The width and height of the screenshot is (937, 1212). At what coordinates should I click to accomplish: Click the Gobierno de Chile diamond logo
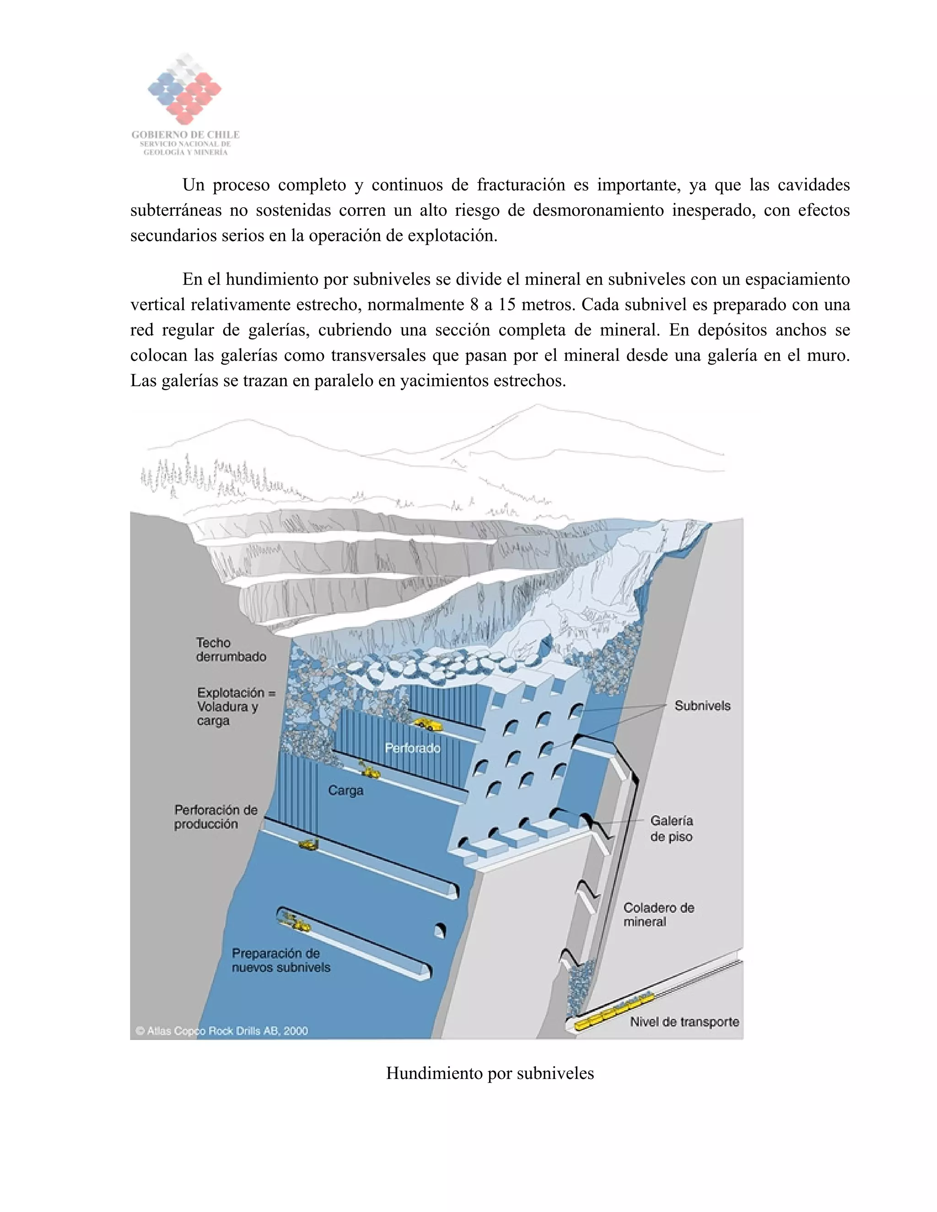pyautogui.click(x=184, y=89)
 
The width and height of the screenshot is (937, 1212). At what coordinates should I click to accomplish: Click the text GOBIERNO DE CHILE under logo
pyautogui.click(x=185, y=134)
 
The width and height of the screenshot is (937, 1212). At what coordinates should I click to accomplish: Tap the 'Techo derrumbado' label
pyautogui.click(x=231, y=649)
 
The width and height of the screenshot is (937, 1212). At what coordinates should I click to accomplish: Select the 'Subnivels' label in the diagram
pyautogui.click(x=702, y=705)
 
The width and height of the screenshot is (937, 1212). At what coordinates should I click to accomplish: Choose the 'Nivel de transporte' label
pyautogui.click(x=684, y=1022)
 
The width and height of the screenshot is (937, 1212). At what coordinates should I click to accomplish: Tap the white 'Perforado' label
pyautogui.click(x=412, y=748)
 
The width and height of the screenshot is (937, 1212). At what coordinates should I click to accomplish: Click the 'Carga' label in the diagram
pyautogui.click(x=345, y=790)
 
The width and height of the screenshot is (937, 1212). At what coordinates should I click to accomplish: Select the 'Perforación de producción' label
pyautogui.click(x=215, y=816)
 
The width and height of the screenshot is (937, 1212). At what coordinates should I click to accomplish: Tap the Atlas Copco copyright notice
pyautogui.click(x=221, y=1030)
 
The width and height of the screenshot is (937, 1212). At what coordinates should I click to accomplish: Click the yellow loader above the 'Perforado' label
pyautogui.click(x=427, y=724)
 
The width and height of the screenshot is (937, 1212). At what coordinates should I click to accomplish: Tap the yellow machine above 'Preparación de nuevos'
pyautogui.click(x=294, y=922)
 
